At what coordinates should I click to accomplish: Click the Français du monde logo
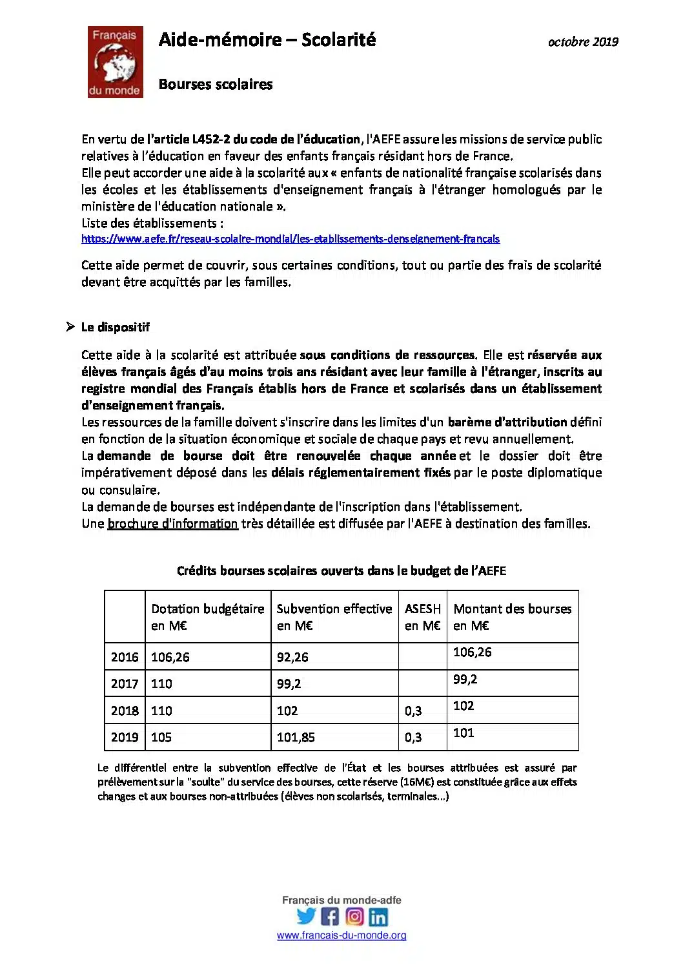click(x=115, y=62)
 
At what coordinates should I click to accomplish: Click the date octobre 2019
click(x=583, y=42)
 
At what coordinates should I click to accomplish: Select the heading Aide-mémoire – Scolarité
click(x=267, y=40)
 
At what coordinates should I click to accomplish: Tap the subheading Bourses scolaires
click(x=216, y=85)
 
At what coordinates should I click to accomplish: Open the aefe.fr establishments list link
click(x=291, y=239)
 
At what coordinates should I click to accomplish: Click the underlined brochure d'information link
click(x=172, y=524)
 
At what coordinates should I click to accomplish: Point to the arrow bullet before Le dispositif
click(x=70, y=327)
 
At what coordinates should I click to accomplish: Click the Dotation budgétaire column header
click(x=207, y=617)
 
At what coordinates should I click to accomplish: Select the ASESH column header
click(x=422, y=617)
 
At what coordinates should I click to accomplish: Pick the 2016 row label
click(x=125, y=657)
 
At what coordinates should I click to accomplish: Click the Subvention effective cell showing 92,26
click(x=292, y=657)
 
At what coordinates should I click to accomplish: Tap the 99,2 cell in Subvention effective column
click(x=289, y=683)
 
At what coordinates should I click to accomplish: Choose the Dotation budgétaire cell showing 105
click(x=161, y=737)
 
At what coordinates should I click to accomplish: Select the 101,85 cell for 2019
click(x=296, y=737)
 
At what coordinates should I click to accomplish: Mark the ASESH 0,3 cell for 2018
click(x=413, y=711)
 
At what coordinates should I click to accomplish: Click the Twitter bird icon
click(x=306, y=916)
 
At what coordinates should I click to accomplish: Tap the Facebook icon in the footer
click(x=330, y=916)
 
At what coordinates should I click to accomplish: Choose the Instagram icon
click(x=354, y=916)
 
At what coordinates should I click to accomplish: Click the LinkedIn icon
click(x=378, y=917)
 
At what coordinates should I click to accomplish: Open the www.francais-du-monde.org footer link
click(x=341, y=935)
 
